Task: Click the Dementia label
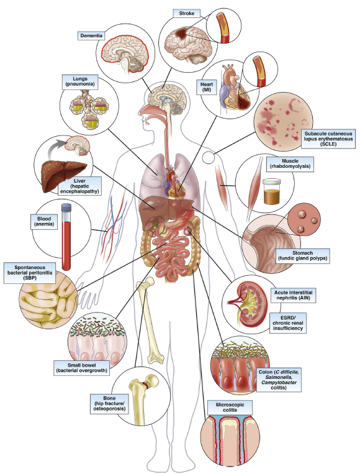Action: click(x=91, y=35)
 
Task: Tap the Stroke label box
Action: click(x=186, y=14)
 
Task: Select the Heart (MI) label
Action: click(x=207, y=87)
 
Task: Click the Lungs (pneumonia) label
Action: click(x=80, y=81)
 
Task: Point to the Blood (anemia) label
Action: click(x=44, y=222)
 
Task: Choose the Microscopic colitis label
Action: click(x=230, y=407)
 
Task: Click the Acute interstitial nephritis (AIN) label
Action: click(x=293, y=295)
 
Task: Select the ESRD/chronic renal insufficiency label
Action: click(x=288, y=323)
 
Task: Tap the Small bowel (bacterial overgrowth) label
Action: click(x=81, y=368)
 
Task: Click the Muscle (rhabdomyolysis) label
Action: click(x=290, y=164)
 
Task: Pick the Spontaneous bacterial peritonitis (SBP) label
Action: click(x=30, y=273)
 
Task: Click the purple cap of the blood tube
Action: click(x=66, y=207)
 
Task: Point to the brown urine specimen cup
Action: click(x=271, y=191)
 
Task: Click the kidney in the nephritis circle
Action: click(x=251, y=304)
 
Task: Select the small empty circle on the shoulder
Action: click(x=208, y=158)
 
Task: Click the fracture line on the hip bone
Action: click(x=145, y=385)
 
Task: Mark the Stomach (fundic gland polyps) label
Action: click(x=303, y=256)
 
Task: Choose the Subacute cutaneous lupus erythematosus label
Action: click(x=328, y=139)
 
